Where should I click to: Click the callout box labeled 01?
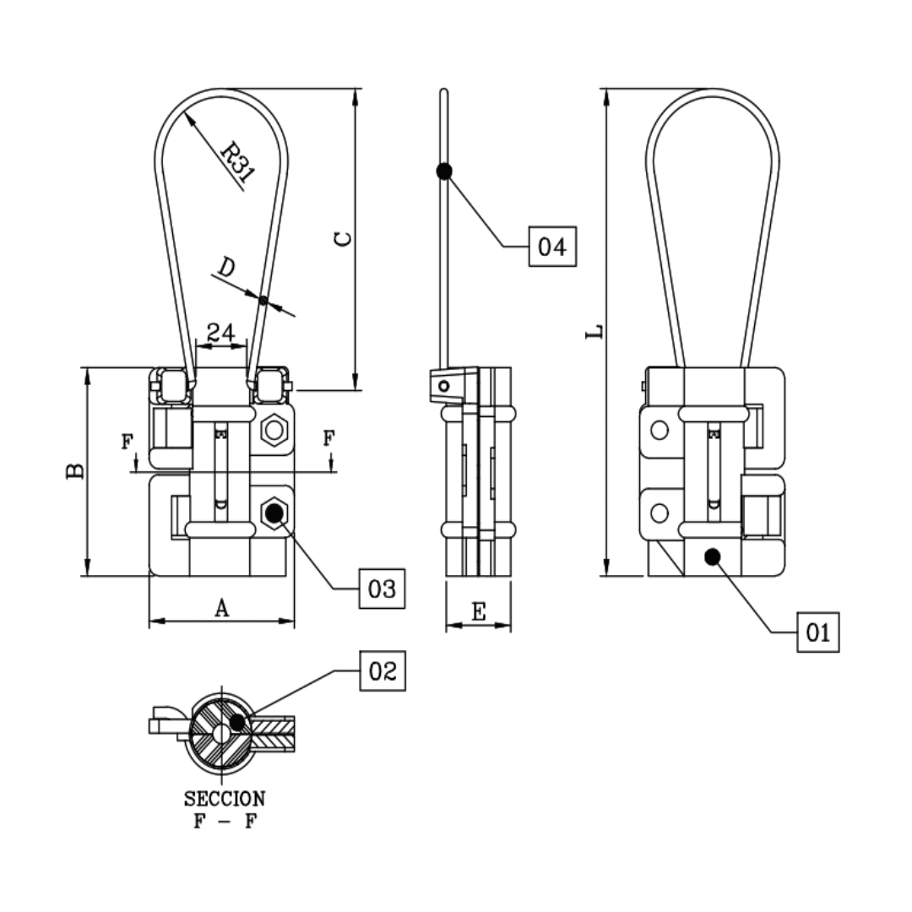817,632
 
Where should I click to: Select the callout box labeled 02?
383,671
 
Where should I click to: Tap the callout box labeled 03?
383,588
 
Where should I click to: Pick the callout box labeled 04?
552,247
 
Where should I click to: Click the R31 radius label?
236,162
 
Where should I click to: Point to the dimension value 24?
220,332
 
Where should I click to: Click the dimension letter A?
221,608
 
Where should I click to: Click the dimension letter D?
225,269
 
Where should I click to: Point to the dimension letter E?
478,612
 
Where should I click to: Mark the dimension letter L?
595,331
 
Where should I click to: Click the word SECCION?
225,798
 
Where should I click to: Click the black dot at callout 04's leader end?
444,171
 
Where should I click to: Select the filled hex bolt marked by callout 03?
273,511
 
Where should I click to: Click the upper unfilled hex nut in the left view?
273,431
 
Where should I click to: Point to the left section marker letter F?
128,441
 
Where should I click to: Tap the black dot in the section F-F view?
239,722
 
